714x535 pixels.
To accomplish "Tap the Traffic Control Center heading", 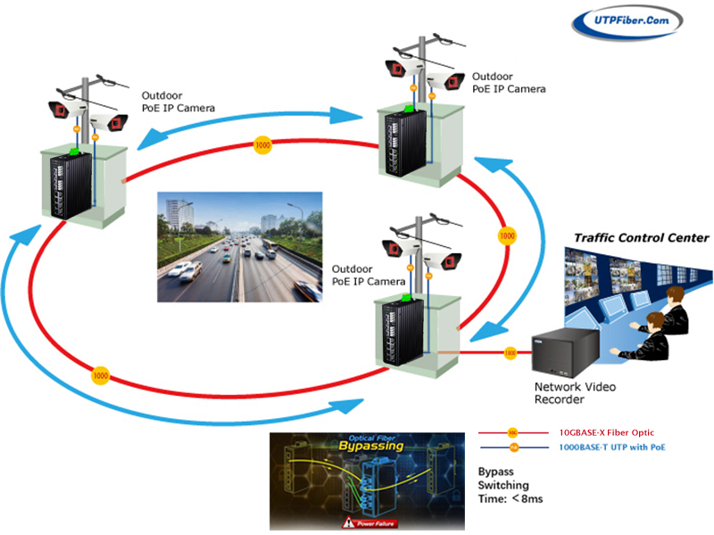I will pos(641,238).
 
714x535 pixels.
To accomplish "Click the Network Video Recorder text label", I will pos(575,393).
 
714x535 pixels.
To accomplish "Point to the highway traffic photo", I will pos(239,247).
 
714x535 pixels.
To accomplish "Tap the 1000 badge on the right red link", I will pos(507,237).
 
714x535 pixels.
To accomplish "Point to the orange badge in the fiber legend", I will pos(512,432).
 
